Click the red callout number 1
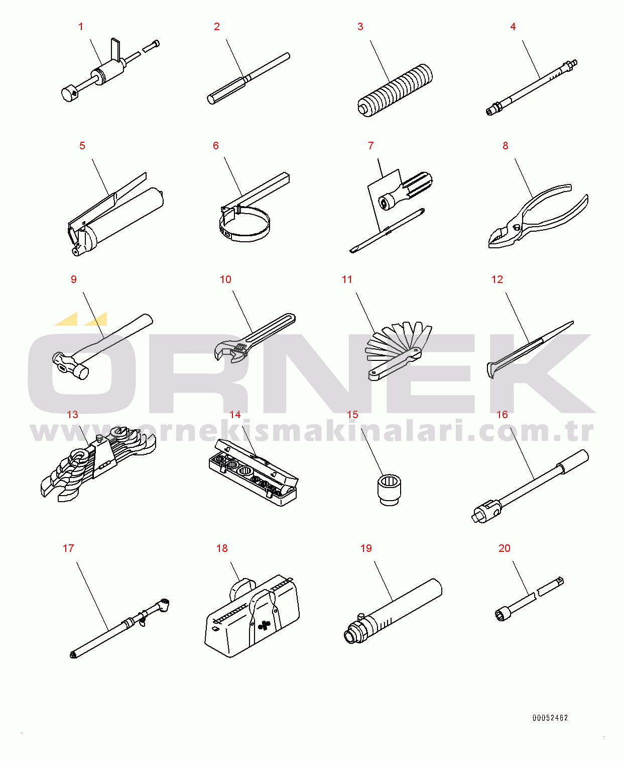tap(81, 27)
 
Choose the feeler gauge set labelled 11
tap(398, 351)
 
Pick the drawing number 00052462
tap(550, 718)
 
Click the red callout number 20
tap(505, 548)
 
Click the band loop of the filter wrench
tap(245, 227)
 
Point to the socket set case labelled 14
tap(254, 472)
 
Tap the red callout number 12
tap(497, 279)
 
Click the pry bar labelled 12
tap(530, 349)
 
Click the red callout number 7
tap(370, 146)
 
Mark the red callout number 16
tap(502, 415)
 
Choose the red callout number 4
tap(513, 27)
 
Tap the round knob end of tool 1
tap(69, 94)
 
